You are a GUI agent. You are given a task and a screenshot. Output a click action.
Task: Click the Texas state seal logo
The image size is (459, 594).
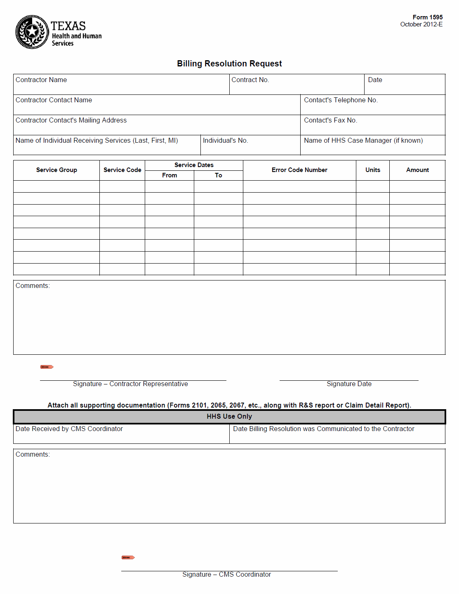click(32, 32)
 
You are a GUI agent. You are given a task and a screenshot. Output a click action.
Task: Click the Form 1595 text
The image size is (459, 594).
click(427, 17)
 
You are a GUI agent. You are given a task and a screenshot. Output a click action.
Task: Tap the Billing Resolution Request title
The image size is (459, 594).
click(229, 64)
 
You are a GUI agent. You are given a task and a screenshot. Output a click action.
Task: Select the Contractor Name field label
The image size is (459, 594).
click(41, 80)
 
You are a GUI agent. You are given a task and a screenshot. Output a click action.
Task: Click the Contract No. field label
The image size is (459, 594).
click(250, 80)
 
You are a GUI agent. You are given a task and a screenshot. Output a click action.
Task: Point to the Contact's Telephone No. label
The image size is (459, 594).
click(341, 100)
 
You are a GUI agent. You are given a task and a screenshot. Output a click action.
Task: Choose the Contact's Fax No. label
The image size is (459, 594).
click(330, 120)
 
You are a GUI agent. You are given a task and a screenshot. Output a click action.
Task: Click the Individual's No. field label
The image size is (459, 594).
click(225, 141)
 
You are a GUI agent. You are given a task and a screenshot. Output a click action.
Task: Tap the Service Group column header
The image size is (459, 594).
click(56, 170)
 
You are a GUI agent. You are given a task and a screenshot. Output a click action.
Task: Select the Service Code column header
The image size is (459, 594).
click(122, 170)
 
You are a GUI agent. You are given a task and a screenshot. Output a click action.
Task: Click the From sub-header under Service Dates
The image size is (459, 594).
click(169, 175)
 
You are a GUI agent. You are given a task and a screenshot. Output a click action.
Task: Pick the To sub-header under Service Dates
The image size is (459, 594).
click(219, 175)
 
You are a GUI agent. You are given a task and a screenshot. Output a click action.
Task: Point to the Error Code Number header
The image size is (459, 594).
click(299, 170)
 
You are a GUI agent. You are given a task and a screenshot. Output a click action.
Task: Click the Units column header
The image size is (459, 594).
click(373, 170)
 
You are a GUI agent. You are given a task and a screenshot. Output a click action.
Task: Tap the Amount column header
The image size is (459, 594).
click(417, 170)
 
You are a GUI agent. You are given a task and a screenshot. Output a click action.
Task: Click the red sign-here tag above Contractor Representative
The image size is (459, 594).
click(47, 367)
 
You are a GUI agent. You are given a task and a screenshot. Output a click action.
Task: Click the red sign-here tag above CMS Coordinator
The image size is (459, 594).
click(128, 557)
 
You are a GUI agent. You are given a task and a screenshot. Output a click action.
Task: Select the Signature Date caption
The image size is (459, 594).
click(349, 384)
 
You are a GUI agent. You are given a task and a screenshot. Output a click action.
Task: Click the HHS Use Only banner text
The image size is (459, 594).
click(229, 417)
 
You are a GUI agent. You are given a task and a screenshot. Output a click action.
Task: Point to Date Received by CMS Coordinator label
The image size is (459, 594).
click(69, 429)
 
